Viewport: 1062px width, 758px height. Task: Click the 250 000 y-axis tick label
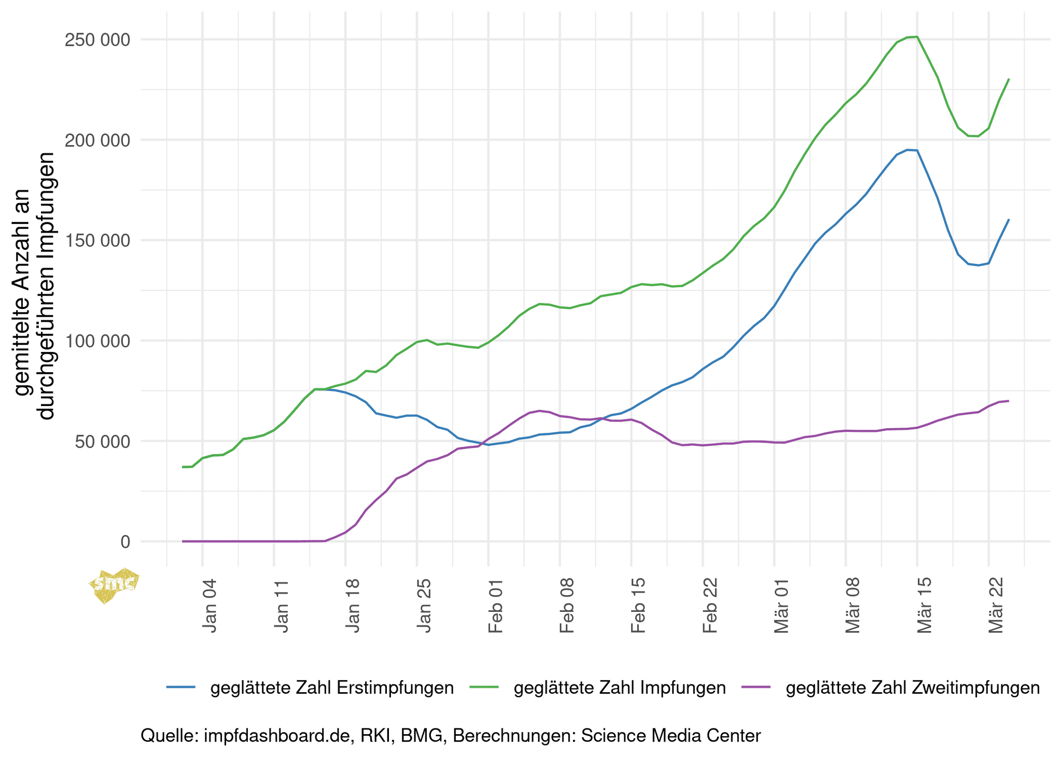coord(97,40)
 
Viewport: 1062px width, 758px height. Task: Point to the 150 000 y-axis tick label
coord(97,241)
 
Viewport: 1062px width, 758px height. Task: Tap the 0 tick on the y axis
coord(125,542)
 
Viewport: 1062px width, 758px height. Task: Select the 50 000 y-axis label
coord(102,442)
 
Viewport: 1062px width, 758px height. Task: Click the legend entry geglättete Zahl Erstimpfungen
coord(332,687)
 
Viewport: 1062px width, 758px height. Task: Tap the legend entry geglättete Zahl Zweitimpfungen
coord(913,687)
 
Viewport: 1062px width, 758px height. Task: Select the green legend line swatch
coord(483,687)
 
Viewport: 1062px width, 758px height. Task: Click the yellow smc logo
coord(114,585)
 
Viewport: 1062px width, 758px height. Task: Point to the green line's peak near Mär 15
coord(917,37)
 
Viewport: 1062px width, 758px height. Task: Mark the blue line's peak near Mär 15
coord(907,150)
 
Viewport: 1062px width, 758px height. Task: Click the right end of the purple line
coord(1008,401)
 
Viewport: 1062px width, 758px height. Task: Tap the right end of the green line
coord(1008,79)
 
